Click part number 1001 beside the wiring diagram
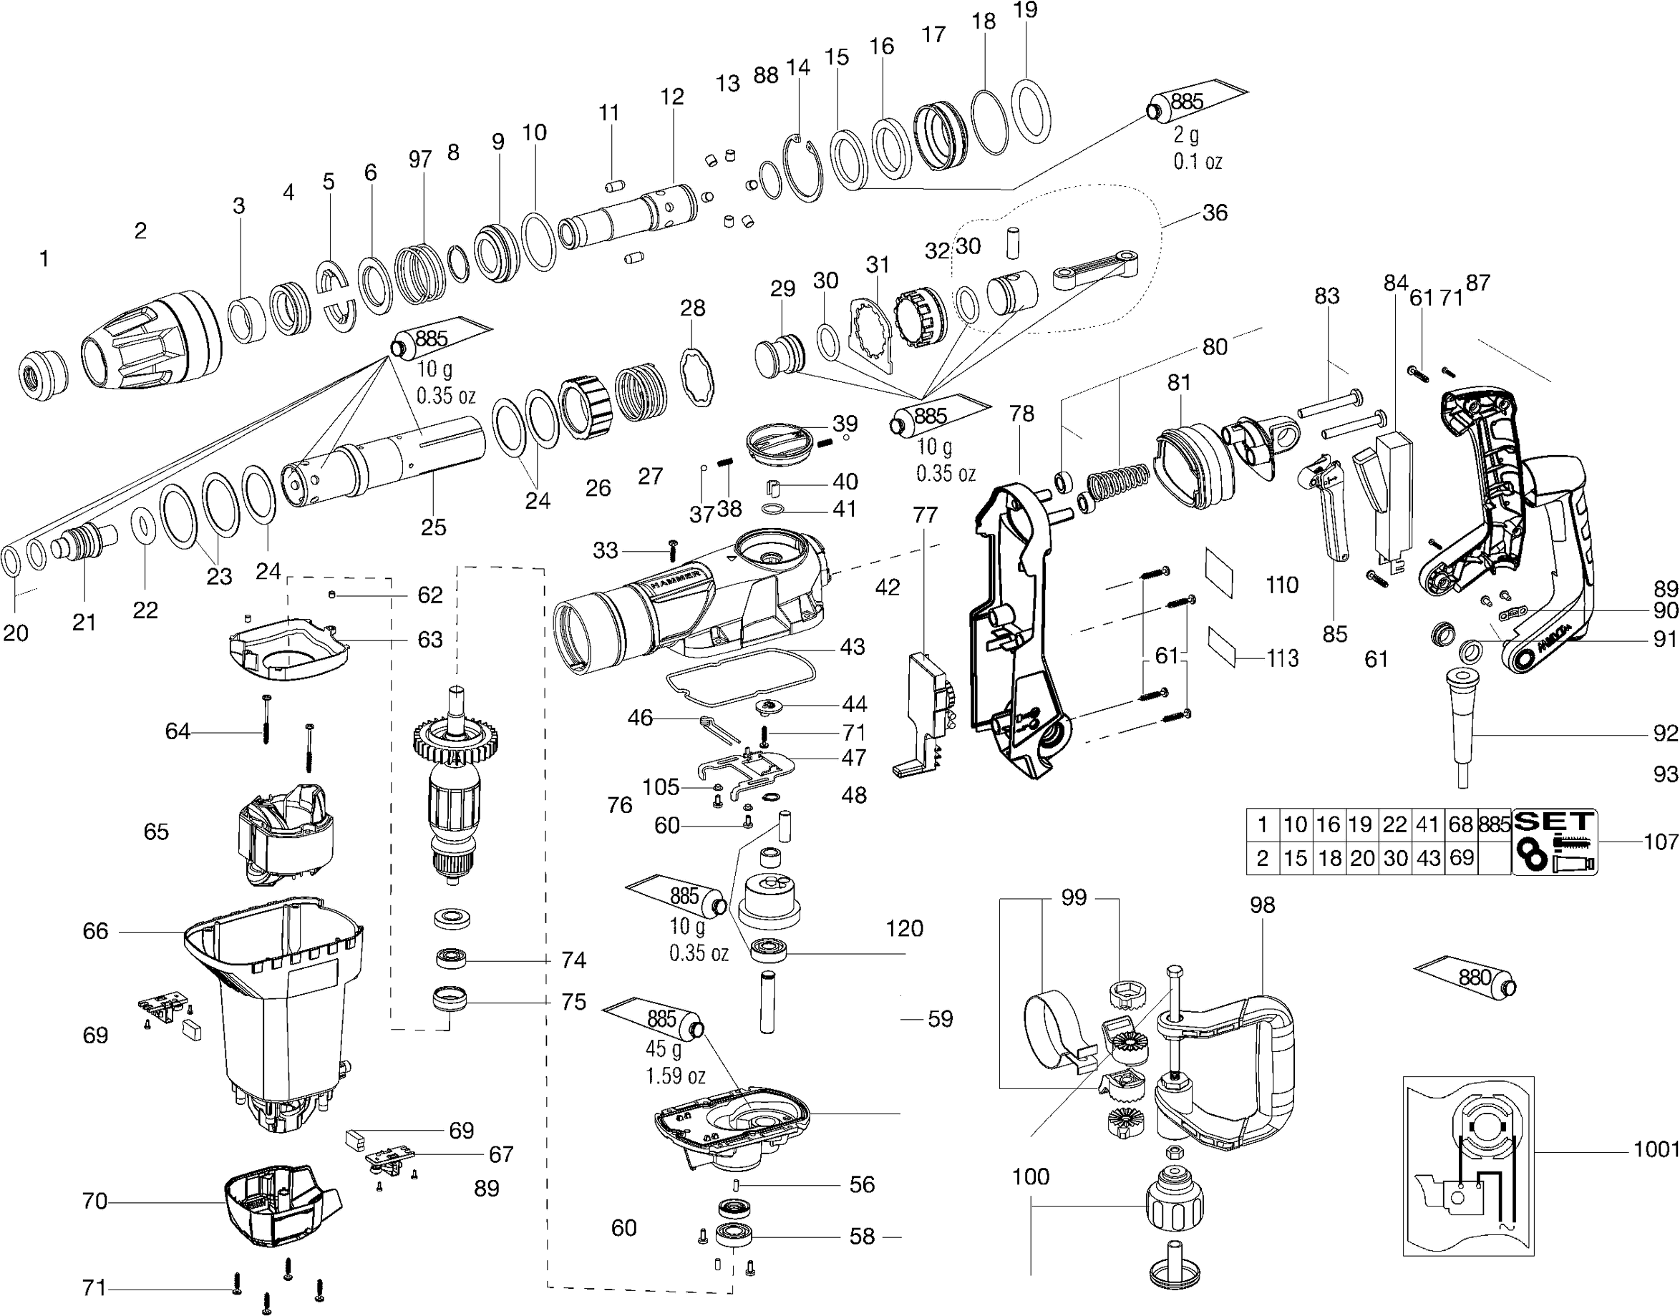point(1656,1149)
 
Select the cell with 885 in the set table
point(1495,825)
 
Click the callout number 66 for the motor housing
point(94,932)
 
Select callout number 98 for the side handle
point(1262,905)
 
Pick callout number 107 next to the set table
point(1661,842)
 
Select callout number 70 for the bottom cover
point(94,1202)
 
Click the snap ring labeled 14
point(804,169)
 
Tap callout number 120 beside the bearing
point(904,928)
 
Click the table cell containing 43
point(1428,858)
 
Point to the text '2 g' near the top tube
point(1186,135)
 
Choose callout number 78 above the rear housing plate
point(1021,414)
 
